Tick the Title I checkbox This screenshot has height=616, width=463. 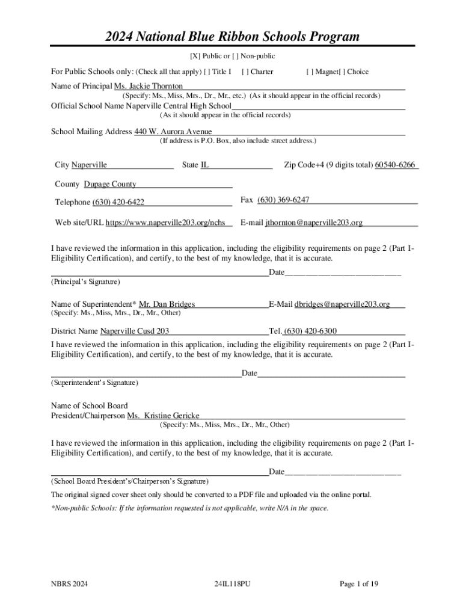click(207, 72)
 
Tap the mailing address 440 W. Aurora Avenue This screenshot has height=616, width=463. click(173, 132)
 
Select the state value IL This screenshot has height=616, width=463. click(204, 165)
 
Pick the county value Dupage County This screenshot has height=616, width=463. click(110, 184)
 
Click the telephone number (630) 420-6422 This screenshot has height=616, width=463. click(118, 202)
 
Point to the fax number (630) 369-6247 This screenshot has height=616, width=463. click(283, 200)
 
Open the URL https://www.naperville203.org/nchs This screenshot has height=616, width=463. click(165, 223)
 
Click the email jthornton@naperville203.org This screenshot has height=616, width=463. click(314, 223)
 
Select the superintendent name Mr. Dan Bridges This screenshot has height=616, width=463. click(167, 304)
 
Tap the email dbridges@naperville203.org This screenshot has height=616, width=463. click(342, 304)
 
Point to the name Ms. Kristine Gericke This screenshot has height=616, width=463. click(163, 416)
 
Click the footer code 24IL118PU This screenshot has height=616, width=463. click(231, 584)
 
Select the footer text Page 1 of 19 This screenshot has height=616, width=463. click(359, 584)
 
